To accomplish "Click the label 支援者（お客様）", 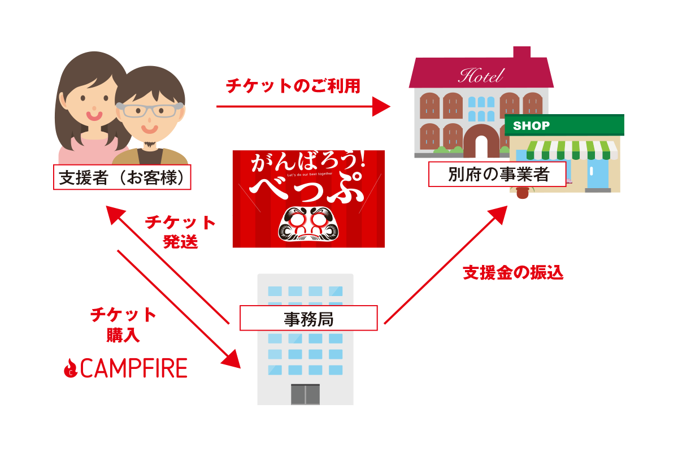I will [x=122, y=177].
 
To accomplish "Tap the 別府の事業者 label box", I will [x=498, y=174].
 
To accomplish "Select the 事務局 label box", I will [x=308, y=318].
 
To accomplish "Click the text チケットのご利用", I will [x=293, y=86].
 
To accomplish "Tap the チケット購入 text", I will [x=123, y=324].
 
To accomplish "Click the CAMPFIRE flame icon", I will [x=70, y=368].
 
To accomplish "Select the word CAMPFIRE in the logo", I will [x=133, y=368].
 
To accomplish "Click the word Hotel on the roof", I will [x=480, y=76].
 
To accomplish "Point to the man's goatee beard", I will [x=150, y=145].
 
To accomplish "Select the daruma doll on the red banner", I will [x=308, y=224].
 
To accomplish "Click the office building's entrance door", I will [x=305, y=394].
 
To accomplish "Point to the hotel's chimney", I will [x=521, y=52].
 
